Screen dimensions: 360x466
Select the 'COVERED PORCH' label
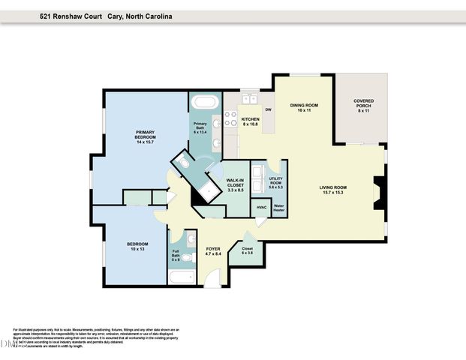click(x=364, y=103)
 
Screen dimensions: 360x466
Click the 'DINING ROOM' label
click(x=303, y=107)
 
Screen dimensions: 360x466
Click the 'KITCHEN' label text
click(x=250, y=121)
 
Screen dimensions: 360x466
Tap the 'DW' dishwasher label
click(x=267, y=110)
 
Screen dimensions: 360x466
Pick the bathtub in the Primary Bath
click(x=203, y=103)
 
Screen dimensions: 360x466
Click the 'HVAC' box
click(x=262, y=207)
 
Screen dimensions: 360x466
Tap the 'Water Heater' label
click(x=279, y=207)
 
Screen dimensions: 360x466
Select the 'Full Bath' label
click(x=176, y=257)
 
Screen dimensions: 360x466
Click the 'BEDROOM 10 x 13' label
click(x=137, y=247)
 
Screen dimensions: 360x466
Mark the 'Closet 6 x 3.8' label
click(x=248, y=250)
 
